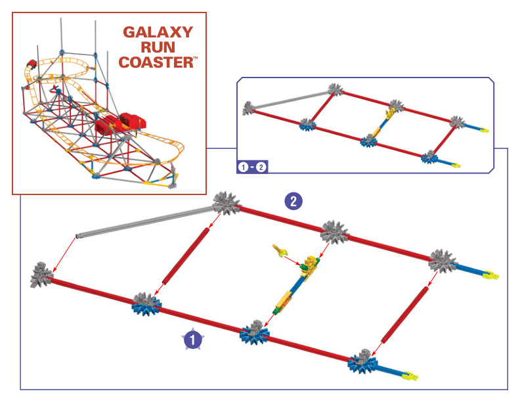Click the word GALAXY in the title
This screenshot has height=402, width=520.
click(158, 32)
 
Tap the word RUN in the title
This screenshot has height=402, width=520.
click(158, 47)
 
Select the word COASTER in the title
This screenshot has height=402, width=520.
click(156, 63)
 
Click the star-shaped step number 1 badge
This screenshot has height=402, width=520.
click(192, 339)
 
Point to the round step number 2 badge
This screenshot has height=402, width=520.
click(293, 201)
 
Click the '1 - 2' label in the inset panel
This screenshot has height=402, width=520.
click(252, 166)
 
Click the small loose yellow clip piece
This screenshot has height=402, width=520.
click(280, 250)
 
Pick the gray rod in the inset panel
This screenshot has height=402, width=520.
click(289, 99)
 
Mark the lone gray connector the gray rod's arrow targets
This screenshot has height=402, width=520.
click(42, 274)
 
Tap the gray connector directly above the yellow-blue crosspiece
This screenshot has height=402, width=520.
click(334, 232)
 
